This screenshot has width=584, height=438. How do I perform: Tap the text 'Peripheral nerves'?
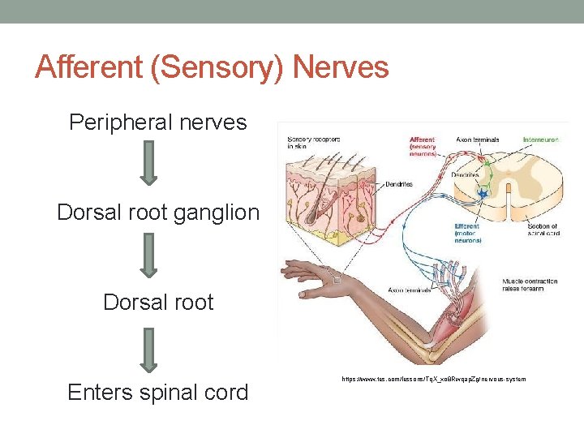pos(157,122)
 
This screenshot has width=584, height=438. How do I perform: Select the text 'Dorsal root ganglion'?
pos(158,213)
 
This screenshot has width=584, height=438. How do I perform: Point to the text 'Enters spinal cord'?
pos(157,393)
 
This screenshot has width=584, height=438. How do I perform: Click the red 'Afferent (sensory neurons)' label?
pos(423,146)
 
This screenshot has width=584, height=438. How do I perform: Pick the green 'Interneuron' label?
pos(542,140)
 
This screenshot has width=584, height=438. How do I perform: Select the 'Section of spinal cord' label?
pos(541,230)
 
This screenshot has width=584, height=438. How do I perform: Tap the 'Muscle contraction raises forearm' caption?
pos(530,285)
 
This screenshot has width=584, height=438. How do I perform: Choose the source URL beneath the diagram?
pos(434,379)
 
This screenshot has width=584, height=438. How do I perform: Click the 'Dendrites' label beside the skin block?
pos(397,185)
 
